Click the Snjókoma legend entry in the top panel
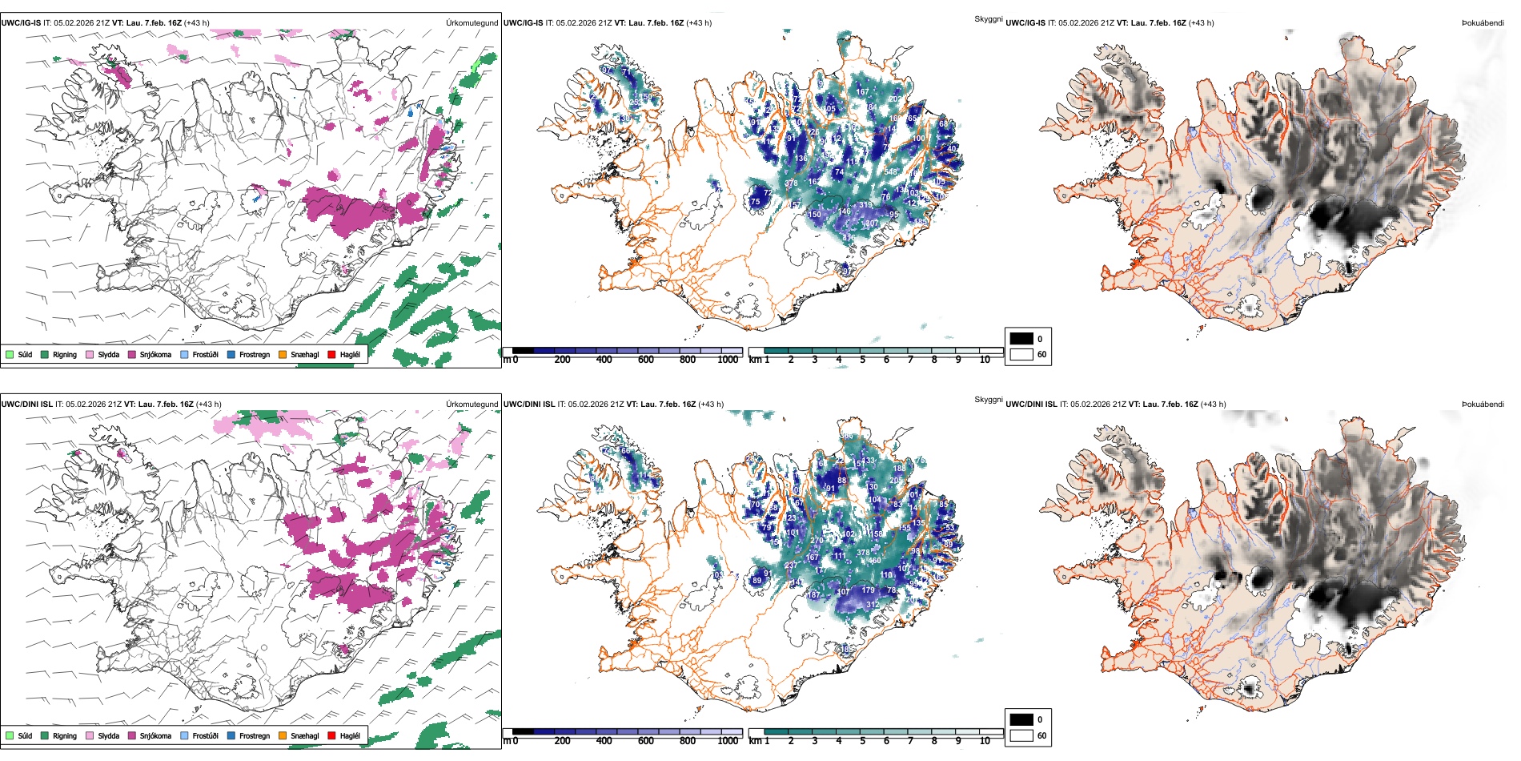pyautogui.click(x=155, y=355)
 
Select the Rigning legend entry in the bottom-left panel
pyautogui.click(x=64, y=736)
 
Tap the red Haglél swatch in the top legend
pyautogui.click(x=331, y=355)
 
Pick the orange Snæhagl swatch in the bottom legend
pyautogui.click(x=283, y=736)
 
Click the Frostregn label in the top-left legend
pyautogui.click(x=254, y=355)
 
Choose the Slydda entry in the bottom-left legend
pyautogui.click(x=108, y=736)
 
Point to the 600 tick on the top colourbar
pyautogui.click(x=645, y=360)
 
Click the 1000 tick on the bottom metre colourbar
pyautogui.click(x=728, y=741)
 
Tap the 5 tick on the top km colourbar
pyautogui.click(x=862, y=360)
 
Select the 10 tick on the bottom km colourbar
pyautogui.click(x=985, y=741)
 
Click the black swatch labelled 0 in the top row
pyautogui.click(x=1021, y=339)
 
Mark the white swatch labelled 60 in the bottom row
pyautogui.click(x=1021, y=735)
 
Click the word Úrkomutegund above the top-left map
pyautogui.click(x=472, y=23)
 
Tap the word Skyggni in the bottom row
pyautogui.click(x=988, y=400)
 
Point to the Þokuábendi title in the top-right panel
pyautogui.click(x=1483, y=23)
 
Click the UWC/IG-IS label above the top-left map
pyautogui.click(x=21, y=23)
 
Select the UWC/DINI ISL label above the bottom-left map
pyautogui.click(x=26, y=405)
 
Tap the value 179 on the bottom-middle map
pyautogui.click(x=868, y=590)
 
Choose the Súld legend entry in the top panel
pyautogui.click(x=25, y=355)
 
